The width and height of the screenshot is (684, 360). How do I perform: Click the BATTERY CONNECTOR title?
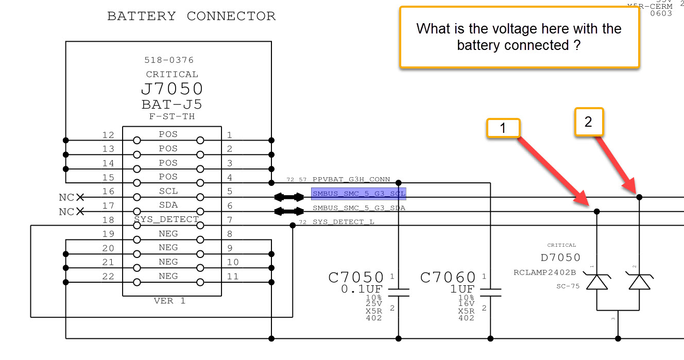tap(191, 16)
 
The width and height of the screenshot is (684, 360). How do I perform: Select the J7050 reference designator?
tap(172, 89)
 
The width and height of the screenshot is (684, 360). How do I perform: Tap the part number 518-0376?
tap(169, 60)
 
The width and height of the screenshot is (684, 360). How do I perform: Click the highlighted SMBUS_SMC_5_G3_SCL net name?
tap(358, 194)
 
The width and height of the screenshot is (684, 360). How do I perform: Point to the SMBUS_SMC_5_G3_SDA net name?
tap(359, 208)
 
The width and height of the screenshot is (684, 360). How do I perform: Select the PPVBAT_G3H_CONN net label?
tap(351, 180)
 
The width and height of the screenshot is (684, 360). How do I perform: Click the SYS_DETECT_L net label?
tap(344, 222)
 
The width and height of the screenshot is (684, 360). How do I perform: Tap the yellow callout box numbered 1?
tap(503, 128)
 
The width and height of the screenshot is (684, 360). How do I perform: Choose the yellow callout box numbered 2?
tap(588, 122)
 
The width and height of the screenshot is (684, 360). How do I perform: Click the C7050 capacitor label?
tap(356, 278)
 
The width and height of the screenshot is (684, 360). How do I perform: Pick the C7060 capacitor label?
tap(448, 278)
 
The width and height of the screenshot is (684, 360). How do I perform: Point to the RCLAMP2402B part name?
tap(544, 272)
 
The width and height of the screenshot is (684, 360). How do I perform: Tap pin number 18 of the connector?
tap(108, 220)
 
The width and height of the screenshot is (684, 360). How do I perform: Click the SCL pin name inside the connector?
tap(168, 191)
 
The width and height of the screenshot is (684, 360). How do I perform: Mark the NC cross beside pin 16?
tap(80, 197)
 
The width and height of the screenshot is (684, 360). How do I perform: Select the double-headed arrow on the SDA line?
tap(289, 211)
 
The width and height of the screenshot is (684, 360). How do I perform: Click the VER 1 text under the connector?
tap(169, 301)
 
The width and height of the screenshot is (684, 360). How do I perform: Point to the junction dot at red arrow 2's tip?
tap(639, 197)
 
